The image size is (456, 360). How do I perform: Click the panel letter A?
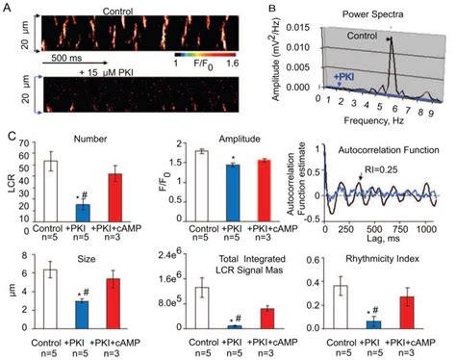pos(6,7)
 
